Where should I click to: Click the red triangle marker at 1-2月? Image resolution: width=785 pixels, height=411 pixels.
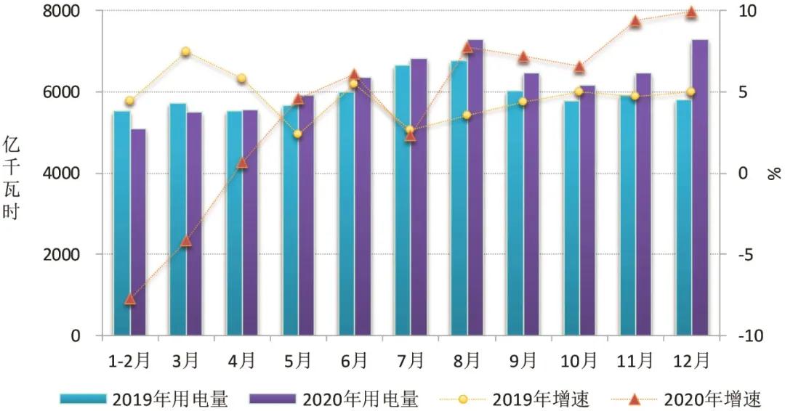coord(130,299)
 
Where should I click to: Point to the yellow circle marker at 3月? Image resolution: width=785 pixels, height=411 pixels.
coord(185,52)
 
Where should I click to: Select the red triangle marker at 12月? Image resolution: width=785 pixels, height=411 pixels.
coord(691,12)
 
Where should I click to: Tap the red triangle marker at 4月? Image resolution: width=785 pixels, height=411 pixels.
coord(242,163)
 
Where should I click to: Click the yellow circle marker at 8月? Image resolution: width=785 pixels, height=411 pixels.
coord(467,115)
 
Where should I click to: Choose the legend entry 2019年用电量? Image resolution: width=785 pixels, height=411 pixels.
coord(145,399)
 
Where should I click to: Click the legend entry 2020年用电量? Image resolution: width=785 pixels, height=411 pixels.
coord(334,399)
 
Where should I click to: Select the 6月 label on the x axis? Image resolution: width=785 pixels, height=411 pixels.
coord(354,360)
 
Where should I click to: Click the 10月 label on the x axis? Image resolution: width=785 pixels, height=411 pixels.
coord(579,360)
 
